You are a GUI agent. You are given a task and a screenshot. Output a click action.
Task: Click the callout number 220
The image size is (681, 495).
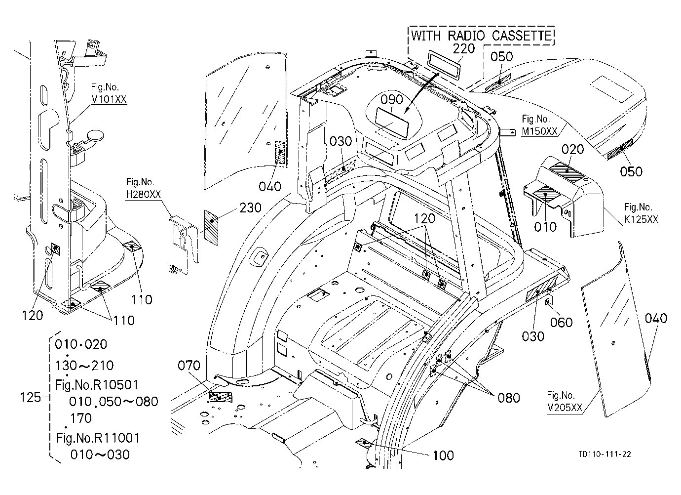tap(464, 49)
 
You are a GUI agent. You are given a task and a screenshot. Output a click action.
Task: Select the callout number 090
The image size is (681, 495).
tap(392, 100)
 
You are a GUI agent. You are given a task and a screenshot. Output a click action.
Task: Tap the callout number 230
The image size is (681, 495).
tap(251, 208)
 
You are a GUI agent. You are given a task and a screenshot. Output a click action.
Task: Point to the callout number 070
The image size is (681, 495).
tap(189, 365)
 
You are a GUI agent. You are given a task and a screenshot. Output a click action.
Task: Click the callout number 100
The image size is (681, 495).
tap(443, 455)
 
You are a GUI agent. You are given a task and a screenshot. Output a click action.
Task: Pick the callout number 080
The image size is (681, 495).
tap(509, 398)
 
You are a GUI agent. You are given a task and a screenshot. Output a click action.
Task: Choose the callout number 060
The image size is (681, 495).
tap(561, 323)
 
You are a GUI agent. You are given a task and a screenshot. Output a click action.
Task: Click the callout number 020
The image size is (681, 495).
tap(573, 150)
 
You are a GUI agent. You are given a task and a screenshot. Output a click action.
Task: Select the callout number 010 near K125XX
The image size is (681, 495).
tap(545, 227)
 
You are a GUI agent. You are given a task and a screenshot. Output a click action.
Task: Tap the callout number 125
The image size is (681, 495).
tap(30, 397)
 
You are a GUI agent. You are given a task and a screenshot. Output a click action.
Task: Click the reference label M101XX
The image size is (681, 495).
tap(109, 99)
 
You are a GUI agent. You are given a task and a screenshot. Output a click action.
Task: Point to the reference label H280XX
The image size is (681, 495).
tap(143, 195)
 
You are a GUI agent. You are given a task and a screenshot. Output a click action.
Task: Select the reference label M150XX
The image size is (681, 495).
tap(540, 131)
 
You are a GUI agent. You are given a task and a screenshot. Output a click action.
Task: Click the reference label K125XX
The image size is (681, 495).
tap(641, 219)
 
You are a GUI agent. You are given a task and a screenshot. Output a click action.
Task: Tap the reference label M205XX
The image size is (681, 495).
tap(565, 408)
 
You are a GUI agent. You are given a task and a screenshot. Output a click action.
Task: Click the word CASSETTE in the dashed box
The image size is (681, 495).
tap(522, 36)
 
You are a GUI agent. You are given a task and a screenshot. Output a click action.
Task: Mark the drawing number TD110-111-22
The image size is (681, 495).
tap(605, 454)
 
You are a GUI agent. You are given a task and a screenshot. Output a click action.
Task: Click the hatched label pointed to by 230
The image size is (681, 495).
tap(211, 228)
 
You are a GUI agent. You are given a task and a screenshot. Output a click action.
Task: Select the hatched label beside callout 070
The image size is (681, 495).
tap(221, 397)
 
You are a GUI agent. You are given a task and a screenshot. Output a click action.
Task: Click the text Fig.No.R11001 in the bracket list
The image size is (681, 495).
tap(98, 438)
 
